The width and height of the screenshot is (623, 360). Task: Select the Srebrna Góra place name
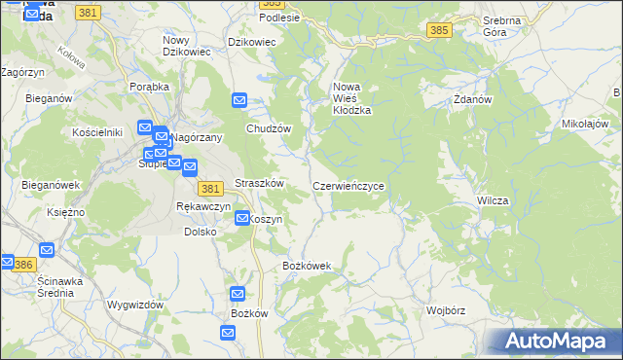tap(501, 25)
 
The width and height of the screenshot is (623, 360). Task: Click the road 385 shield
tap(438, 31)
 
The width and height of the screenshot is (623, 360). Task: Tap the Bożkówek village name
tap(307, 266)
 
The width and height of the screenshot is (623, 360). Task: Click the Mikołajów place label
tap(585, 125)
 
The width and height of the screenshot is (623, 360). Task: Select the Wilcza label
tap(494, 199)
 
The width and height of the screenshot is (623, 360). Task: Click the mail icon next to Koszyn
tap(242, 219)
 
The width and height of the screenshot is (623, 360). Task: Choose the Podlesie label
tap(279, 18)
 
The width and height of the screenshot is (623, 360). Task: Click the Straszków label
tap(259, 183)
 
